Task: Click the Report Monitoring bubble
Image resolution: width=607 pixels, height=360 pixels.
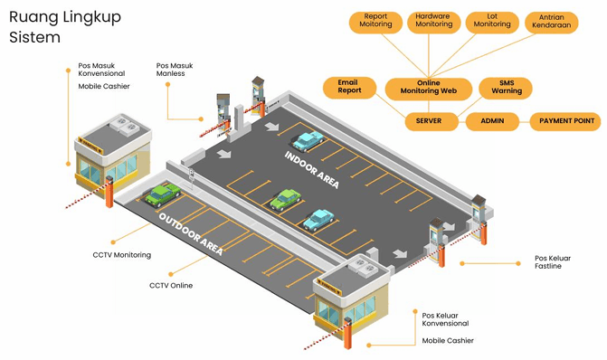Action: pos(376,22)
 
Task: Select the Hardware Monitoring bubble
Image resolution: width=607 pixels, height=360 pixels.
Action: pos(434,22)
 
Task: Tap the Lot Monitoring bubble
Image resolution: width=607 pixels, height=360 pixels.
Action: pos(491,22)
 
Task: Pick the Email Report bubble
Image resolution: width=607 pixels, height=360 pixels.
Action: pos(348,87)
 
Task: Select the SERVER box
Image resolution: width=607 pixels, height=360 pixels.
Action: pos(428,120)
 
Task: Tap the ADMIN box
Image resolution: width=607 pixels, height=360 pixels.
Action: pos(492,120)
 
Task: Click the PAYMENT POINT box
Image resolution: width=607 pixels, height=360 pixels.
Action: pos(566,120)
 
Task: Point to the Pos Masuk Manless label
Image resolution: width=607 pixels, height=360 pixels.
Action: pos(175,69)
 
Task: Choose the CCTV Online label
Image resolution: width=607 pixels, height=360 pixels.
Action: pos(171,286)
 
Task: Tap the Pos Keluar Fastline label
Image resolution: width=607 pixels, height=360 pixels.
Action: pos(555,262)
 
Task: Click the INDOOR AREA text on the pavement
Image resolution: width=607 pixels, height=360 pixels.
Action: pos(311,169)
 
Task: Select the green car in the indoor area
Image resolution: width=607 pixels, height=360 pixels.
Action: pos(286,198)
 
